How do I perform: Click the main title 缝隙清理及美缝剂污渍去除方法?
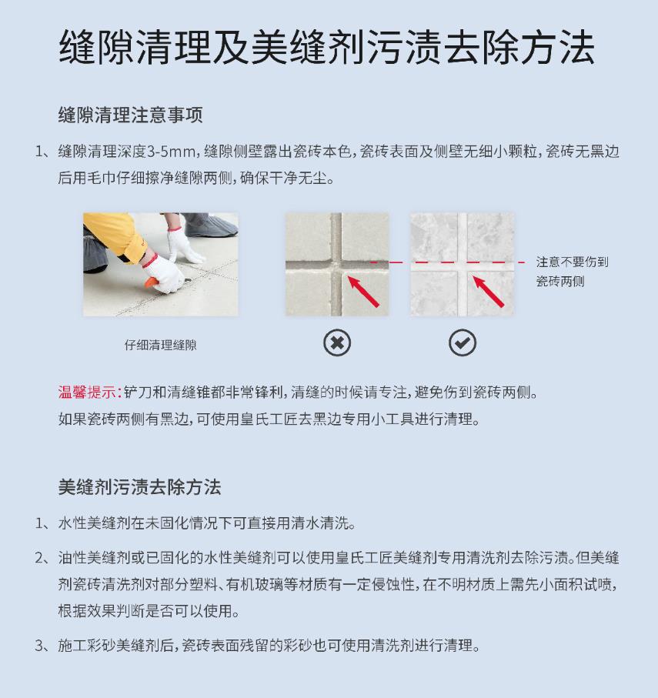click(x=327, y=47)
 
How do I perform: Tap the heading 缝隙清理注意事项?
click(x=130, y=115)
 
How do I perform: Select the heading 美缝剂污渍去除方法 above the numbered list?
click(x=139, y=486)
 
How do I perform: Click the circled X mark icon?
click(x=337, y=342)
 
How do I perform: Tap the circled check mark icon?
click(x=463, y=342)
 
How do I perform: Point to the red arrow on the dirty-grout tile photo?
click(x=362, y=291)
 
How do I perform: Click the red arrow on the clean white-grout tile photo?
click(x=488, y=291)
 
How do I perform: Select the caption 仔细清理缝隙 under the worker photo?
click(x=160, y=345)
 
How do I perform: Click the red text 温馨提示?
click(x=87, y=392)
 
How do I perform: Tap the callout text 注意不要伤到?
click(x=572, y=262)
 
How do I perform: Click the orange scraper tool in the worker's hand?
click(x=152, y=282)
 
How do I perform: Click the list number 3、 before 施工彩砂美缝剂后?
click(x=44, y=645)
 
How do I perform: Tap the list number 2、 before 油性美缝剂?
click(x=44, y=557)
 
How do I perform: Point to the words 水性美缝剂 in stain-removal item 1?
click(x=94, y=523)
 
